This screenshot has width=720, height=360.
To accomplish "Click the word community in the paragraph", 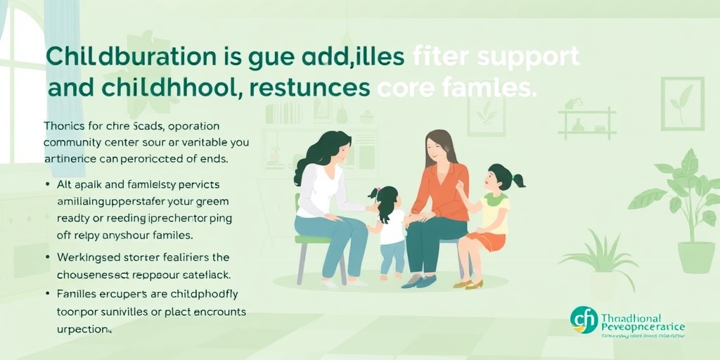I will point(72,142).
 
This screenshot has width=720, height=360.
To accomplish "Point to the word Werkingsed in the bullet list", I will point(87,257).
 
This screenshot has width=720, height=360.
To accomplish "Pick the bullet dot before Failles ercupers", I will point(47,292).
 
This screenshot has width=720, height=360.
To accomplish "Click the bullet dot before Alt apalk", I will point(47,185).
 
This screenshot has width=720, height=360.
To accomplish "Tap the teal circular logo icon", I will point(584,320).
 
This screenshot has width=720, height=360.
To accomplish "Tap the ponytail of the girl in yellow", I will point(518,180).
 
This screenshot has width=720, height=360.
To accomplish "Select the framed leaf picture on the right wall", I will point(681,103).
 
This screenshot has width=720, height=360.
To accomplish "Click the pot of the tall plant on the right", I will point(695,256).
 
